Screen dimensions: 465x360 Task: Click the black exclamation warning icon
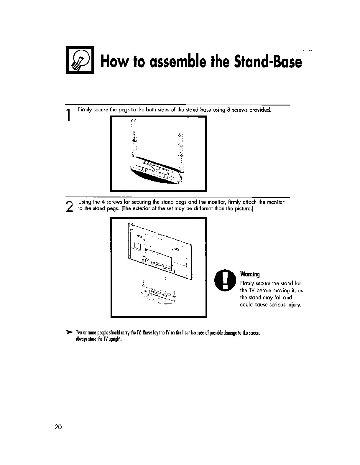tap(225, 280)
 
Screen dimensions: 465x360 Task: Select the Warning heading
tap(250, 274)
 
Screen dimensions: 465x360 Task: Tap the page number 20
tap(58, 427)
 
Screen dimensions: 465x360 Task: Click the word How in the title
tap(113, 62)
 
